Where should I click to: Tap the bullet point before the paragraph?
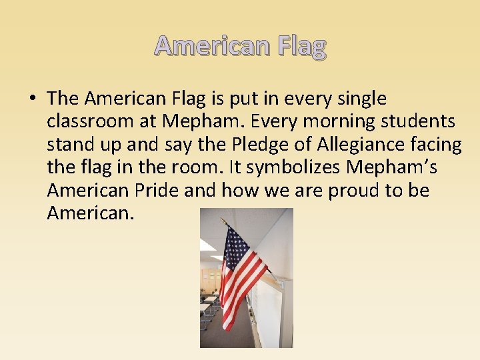[x=31, y=99]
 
